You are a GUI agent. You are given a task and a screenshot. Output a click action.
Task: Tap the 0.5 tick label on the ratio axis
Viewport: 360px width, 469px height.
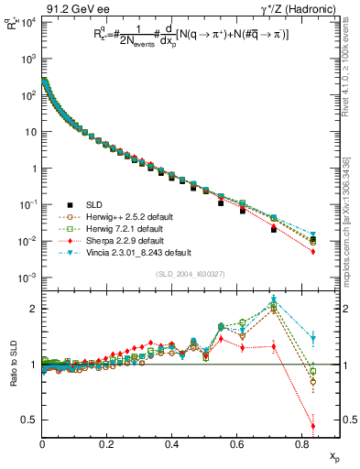(27, 420)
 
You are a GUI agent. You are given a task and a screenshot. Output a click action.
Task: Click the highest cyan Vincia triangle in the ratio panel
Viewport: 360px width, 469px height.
(274, 300)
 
